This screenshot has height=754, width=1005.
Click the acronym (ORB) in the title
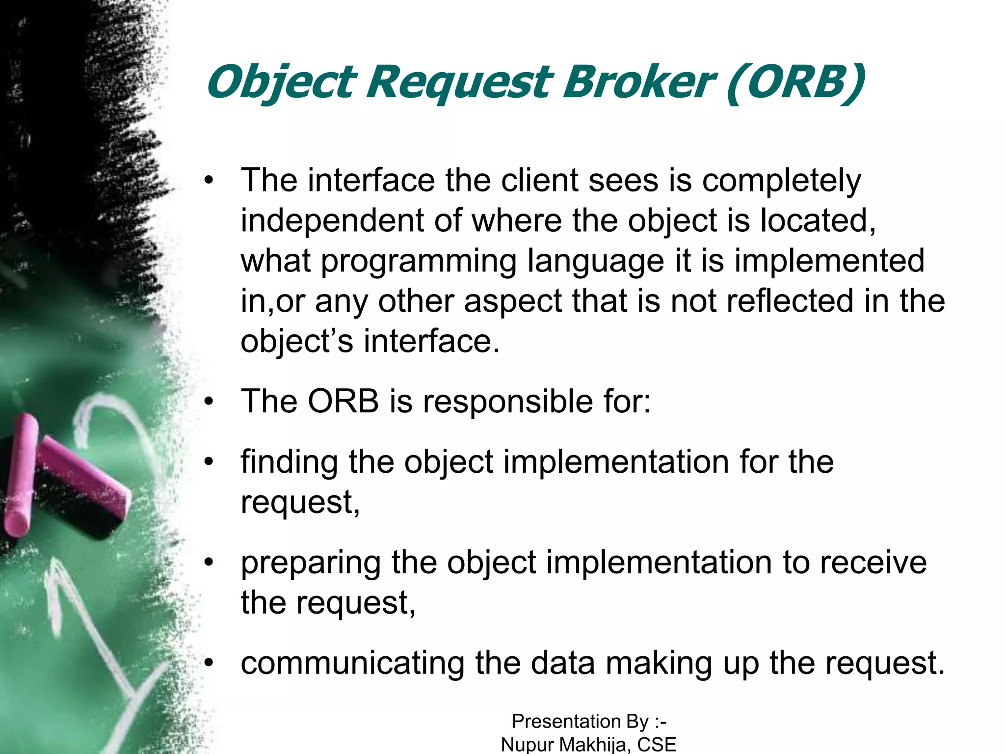click(795, 82)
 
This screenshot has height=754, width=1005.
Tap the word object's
click(296, 342)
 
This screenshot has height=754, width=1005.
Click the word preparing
click(310, 564)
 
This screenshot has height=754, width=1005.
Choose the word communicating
click(352, 664)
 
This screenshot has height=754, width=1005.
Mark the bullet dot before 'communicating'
click(210, 664)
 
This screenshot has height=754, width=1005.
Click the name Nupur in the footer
click(527, 744)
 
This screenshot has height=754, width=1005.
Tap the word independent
click(332, 221)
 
